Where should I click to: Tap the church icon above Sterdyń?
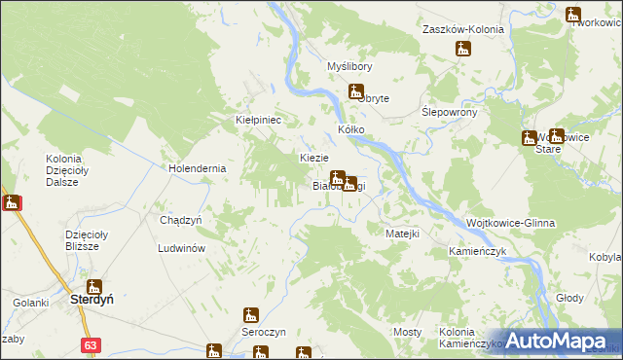tap(94, 286)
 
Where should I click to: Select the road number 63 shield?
tap(91, 344)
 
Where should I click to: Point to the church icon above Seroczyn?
tap(250, 315)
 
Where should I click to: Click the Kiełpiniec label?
tap(258, 120)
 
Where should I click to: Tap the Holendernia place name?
tap(197, 167)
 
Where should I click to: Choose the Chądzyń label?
tap(180, 220)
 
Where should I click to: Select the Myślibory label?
tap(349, 66)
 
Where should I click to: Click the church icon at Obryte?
tap(355, 92)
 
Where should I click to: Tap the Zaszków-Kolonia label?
tap(462, 29)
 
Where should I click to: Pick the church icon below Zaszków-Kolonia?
tap(462, 49)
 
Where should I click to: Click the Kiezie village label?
tap(313, 158)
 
